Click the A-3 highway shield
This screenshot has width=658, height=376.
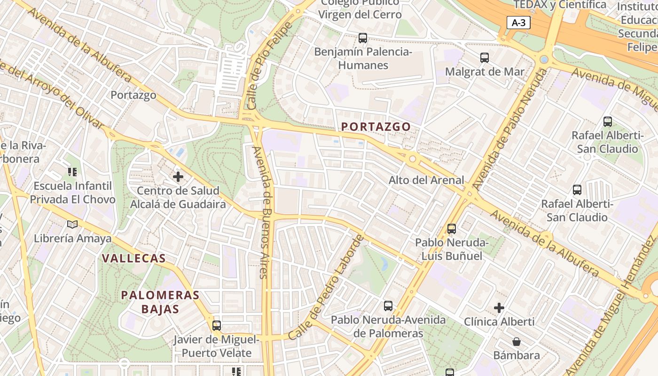[518, 23]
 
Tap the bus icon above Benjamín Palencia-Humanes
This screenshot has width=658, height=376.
[362, 38]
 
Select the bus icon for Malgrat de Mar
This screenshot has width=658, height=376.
[485, 58]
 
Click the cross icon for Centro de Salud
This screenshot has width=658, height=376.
[178, 177]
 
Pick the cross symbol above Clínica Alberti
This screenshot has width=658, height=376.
[499, 308]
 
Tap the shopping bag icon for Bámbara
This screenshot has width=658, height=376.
[517, 341]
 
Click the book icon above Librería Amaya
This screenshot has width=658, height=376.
[72, 224]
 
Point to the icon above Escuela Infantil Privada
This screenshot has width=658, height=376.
[72, 172]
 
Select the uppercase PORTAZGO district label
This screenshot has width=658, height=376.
[376, 126]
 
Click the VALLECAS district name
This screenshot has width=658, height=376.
[134, 258]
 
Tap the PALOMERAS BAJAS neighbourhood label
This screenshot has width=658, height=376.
[160, 302]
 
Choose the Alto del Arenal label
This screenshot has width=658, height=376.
[426, 180]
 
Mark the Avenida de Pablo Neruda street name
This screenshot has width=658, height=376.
[510, 129]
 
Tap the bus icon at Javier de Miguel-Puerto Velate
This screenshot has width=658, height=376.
[216, 325]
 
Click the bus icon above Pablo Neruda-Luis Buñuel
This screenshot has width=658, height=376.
[452, 229]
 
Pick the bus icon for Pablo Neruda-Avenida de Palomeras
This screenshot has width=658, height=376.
[388, 306]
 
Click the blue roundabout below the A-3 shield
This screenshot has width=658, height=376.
[544, 60]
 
